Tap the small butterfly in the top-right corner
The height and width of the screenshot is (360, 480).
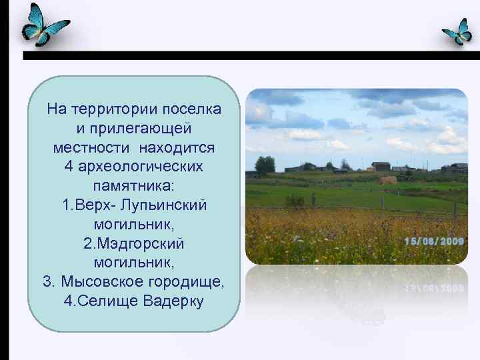[x=458, y=31]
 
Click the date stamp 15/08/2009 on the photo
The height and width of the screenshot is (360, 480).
[x=434, y=241]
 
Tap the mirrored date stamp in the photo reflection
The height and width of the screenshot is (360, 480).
[x=434, y=288]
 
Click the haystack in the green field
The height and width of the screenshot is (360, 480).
[x=387, y=179]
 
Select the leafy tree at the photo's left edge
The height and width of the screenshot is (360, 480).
[x=265, y=165]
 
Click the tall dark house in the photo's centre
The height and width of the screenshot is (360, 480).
[x=381, y=166]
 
